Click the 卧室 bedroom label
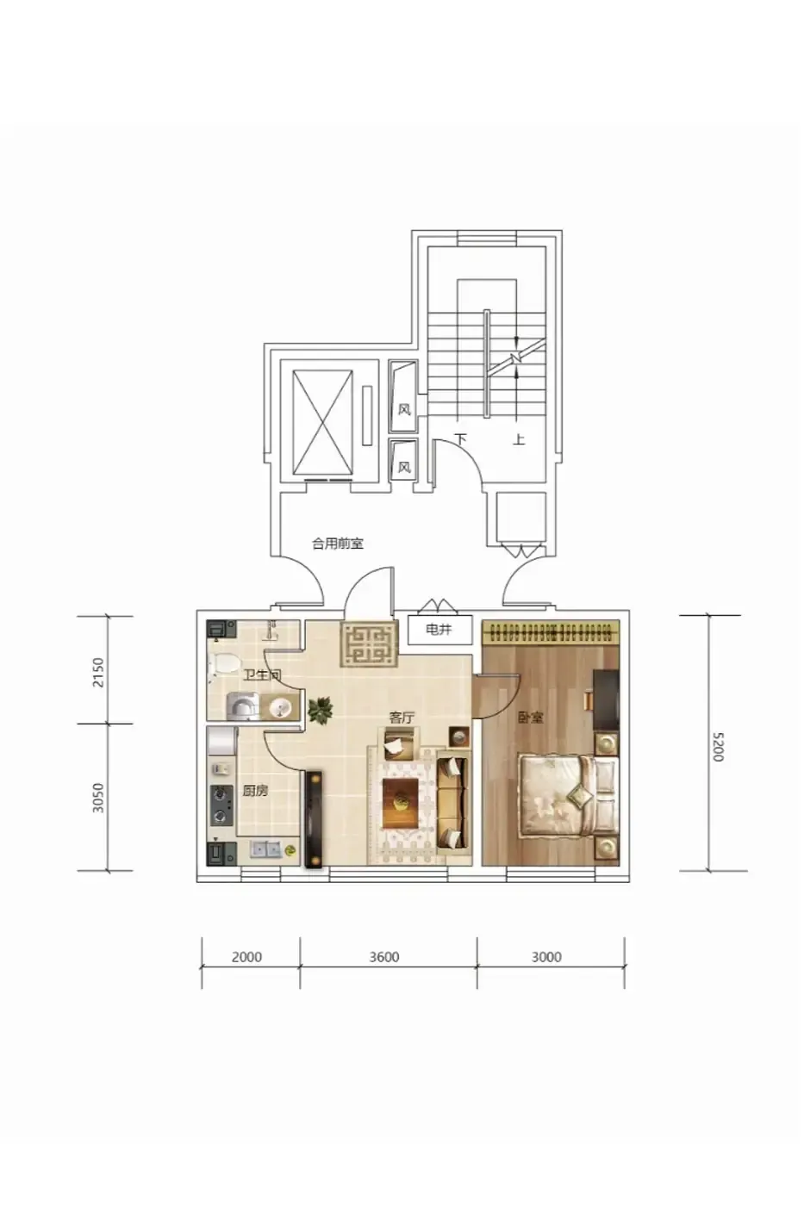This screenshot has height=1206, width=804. point(531,718)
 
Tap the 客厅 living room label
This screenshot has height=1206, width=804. point(402,718)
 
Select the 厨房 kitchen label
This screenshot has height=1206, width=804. point(255,792)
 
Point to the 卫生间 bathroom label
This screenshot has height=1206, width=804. point(262,675)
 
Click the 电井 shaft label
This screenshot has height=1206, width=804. point(439,630)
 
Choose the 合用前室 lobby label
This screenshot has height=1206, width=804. point(338,544)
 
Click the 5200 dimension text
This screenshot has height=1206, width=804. point(718,747)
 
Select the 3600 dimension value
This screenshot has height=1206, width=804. point(384,957)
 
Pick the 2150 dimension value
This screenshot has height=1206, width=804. point(98,673)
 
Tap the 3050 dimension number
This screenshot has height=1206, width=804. point(98,798)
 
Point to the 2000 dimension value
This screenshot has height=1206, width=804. point(246,957)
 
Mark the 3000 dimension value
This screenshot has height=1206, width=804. point(546,957)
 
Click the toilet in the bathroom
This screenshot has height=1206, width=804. point(225,663)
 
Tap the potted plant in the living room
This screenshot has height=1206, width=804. point(320,710)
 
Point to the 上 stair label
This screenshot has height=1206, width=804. point(519,439)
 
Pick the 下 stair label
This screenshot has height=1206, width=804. point(460,439)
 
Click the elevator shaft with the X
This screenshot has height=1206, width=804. point(323,415)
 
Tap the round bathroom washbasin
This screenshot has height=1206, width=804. point(279,706)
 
